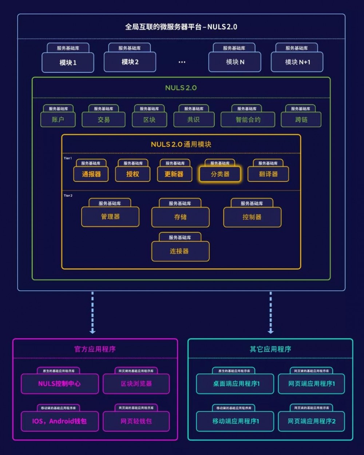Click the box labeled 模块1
(x=68, y=63)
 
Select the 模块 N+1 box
(x=297, y=62)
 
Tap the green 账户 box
(x=58, y=119)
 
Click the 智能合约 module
(x=248, y=119)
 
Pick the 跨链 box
(x=301, y=119)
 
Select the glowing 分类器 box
(x=220, y=174)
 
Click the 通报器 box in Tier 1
(x=91, y=174)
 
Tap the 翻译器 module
(x=268, y=174)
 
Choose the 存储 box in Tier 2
(x=180, y=217)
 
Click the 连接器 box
(x=180, y=251)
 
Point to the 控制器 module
(x=252, y=217)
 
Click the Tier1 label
(x=68, y=158)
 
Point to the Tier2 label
(x=68, y=196)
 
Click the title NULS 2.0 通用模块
(x=181, y=144)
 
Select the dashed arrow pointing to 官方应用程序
(x=92, y=313)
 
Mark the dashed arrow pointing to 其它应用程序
(x=270, y=313)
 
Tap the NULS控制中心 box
(x=60, y=384)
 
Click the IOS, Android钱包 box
(x=60, y=421)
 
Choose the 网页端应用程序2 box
(x=311, y=421)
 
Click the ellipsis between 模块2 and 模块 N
(x=182, y=62)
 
